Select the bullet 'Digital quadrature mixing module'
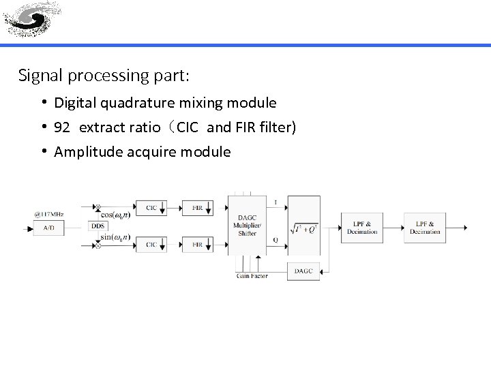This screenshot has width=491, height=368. coord(165,103)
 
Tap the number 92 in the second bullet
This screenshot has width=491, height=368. coord(62,127)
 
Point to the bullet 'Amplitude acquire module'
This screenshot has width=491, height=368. coord(142,151)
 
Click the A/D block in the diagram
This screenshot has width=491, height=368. coord(49,228)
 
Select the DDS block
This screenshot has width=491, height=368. coord(98,226)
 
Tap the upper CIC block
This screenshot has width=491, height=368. coord(152,206)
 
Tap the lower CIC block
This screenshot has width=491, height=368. coord(152,244)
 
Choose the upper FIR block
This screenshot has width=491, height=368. coord(197,206)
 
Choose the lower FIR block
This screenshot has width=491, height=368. coord(197,244)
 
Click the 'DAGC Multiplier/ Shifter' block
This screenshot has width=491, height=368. coord(246,225)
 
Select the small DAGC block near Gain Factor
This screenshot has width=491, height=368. coord(303,271)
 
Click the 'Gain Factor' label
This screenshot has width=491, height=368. coord(252,276)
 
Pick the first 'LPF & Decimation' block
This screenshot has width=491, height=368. coord(362,228)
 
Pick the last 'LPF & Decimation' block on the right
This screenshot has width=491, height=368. coord(425,228)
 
